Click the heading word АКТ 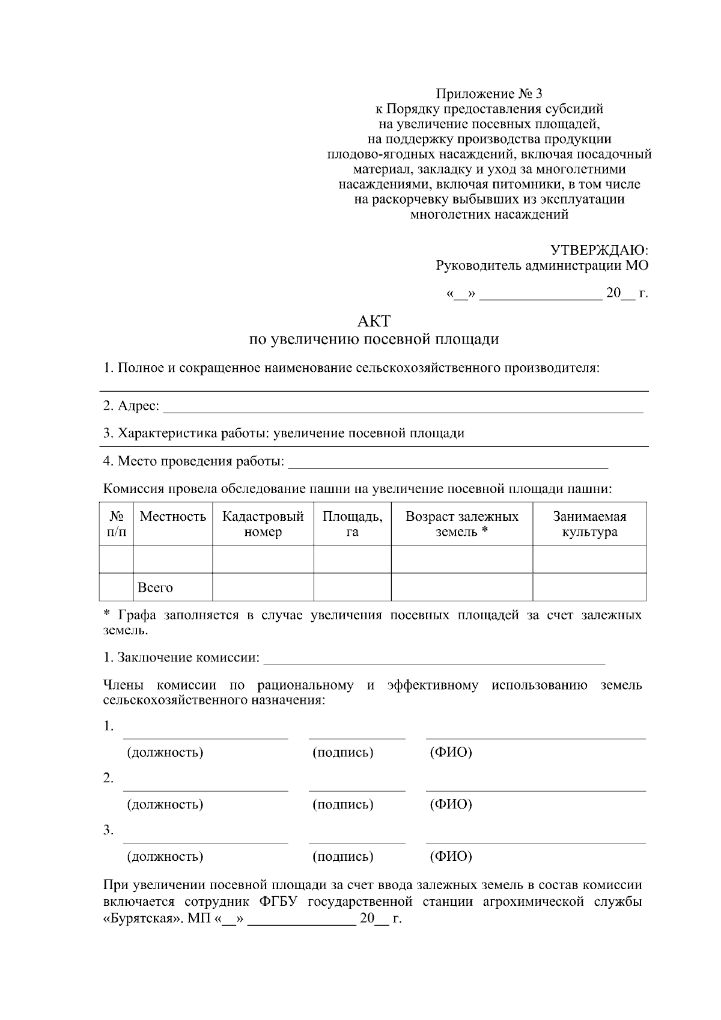373,321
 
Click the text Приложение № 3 488,94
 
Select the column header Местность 173,517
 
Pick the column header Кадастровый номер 263,524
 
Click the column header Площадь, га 353,524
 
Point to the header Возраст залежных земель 461,524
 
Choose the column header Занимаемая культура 589,524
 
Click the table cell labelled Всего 155,587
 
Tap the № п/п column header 117,524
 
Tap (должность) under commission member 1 165,752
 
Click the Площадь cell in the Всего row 353,587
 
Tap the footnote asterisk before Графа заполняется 107,615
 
